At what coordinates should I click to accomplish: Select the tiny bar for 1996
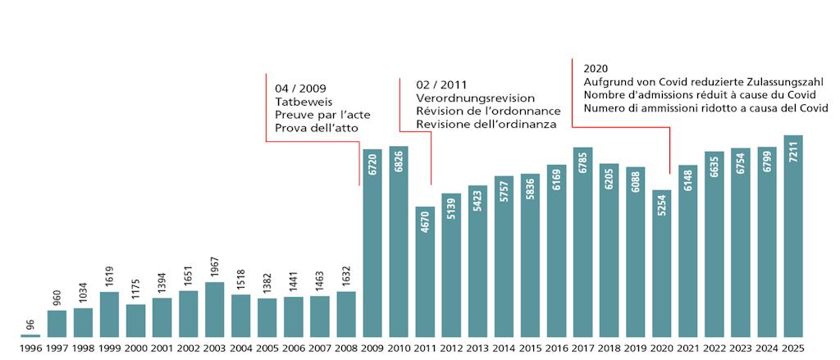tap(30, 335)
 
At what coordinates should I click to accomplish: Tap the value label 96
tap(30, 325)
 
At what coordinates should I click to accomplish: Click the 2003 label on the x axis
tap(215, 348)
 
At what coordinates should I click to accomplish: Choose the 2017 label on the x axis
tap(582, 348)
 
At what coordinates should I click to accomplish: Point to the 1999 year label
tap(110, 348)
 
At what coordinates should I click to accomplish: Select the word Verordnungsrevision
tap(475, 98)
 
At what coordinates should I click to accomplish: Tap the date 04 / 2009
tap(302, 89)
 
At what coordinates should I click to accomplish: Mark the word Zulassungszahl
tap(795, 82)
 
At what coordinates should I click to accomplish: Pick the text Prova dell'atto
tap(317, 129)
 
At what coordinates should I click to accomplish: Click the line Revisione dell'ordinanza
tap(486, 124)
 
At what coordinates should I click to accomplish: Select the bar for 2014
tap(504, 262)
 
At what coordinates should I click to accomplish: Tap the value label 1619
tap(110, 278)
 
